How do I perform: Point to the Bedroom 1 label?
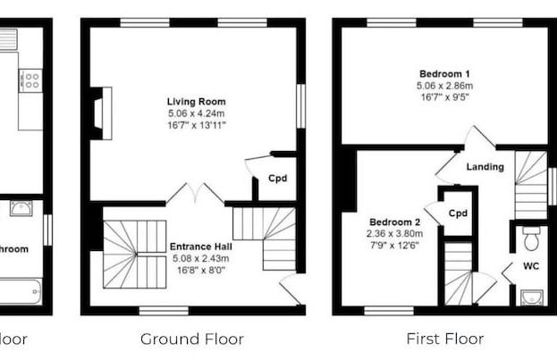tap(443, 73)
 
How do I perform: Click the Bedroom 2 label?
tap(393, 222)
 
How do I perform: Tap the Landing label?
tap(485, 167)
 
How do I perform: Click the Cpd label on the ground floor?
tap(278, 179)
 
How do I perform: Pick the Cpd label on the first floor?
tap(458, 213)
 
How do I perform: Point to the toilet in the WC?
tap(530, 239)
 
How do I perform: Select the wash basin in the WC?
tap(533, 297)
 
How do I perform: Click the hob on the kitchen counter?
tap(30, 81)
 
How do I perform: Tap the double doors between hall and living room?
tap(196, 194)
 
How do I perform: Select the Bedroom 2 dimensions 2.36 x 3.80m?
tap(393, 234)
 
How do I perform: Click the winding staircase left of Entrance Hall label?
tap(131, 254)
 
